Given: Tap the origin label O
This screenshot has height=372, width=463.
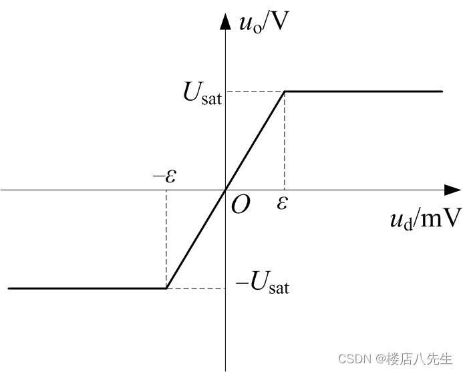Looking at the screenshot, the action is [x=240, y=204].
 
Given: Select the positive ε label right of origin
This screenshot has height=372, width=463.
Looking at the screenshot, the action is [x=283, y=202].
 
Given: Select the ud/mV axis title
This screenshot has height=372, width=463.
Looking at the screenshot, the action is [x=425, y=219].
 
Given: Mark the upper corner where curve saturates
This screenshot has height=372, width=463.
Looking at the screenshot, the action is [x=285, y=91].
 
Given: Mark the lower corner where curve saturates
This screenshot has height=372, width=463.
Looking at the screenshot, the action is [x=166, y=289].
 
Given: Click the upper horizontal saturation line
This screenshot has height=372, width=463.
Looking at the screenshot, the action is [x=367, y=91].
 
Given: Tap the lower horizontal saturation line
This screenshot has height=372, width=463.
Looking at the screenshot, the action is [x=87, y=289].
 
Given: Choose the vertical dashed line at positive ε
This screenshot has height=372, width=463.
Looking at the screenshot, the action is [x=285, y=140].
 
